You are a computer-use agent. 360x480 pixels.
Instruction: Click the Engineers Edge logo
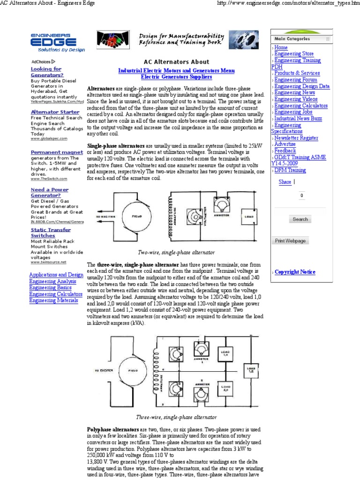tap(57, 42)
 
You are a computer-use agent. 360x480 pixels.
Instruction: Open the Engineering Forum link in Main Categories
tap(295, 80)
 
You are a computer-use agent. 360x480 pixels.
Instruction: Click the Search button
tap(300, 219)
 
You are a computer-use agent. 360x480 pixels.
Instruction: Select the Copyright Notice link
tap(295, 272)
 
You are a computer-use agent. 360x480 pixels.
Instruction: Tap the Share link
tap(285, 182)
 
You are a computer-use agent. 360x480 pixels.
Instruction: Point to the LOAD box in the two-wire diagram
tap(248, 217)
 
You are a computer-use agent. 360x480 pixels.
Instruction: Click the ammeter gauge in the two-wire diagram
tap(220, 204)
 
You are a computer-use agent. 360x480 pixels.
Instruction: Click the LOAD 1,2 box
tap(251, 371)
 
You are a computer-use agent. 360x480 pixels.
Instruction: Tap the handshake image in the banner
tap(113, 40)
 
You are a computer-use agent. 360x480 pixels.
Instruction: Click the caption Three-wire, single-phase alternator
tap(176, 417)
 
